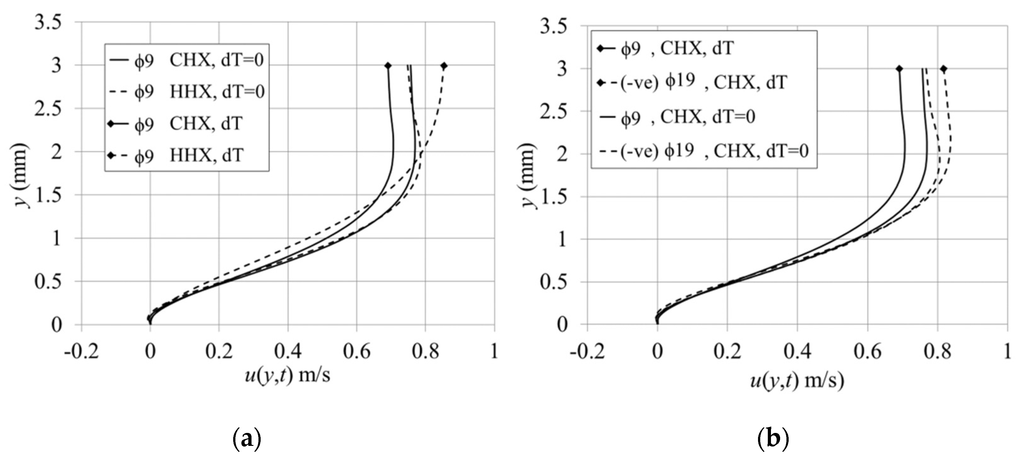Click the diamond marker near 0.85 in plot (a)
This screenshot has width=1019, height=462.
444,66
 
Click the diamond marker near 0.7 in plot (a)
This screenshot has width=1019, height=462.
388,66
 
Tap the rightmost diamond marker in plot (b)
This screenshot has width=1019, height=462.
943,69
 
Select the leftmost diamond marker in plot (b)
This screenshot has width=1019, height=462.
899,69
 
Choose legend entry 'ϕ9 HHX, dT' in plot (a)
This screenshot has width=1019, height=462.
186,155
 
